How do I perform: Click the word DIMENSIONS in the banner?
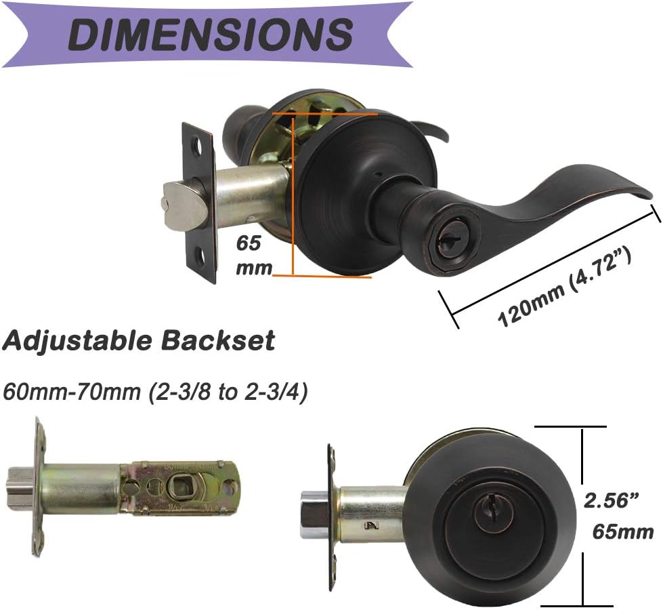(211, 34)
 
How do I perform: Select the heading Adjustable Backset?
(138, 340)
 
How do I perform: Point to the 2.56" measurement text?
(612, 501)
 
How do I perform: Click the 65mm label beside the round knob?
(622, 531)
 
